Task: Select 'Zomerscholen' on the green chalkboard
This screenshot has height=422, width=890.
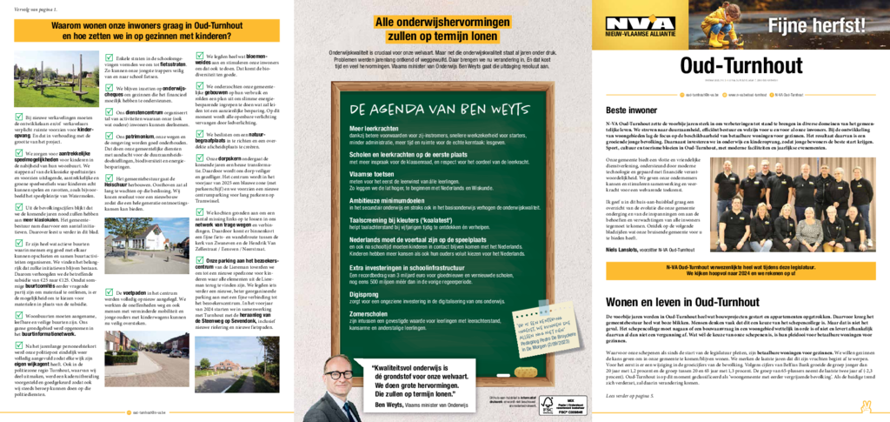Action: coord(371,314)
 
